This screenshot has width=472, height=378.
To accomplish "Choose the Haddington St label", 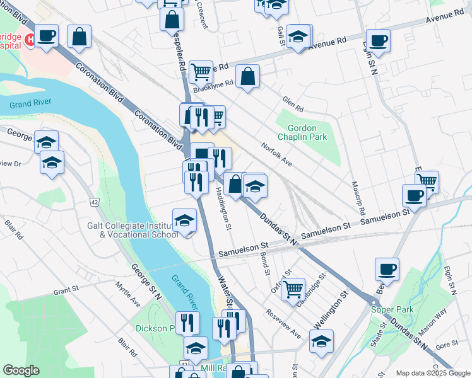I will coord(225,207).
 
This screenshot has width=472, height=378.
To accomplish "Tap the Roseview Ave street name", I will coord(283,323).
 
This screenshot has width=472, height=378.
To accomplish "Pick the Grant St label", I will coord(65,292).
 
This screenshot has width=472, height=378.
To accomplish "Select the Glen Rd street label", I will coord(293,102).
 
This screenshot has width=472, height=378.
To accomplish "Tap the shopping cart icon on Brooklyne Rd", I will coord(201,72).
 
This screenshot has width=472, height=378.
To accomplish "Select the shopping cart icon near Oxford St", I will coord(293,290).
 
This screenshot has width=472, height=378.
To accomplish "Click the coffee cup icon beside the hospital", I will coord(46,35).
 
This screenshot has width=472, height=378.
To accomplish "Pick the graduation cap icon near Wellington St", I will coord(322,341).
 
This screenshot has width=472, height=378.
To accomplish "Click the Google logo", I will coord(21,370).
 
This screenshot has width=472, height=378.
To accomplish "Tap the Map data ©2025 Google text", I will coord(432,373).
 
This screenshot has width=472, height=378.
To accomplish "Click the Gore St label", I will coord(446,345).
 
